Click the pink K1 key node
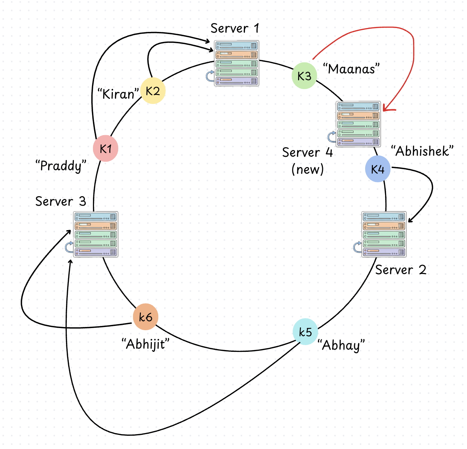click(x=105, y=149)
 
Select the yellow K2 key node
click(x=153, y=91)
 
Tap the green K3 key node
click(x=304, y=76)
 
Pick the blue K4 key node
click(x=378, y=169)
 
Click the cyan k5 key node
click(x=305, y=332)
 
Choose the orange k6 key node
click(x=145, y=317)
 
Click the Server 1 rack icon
click(x=237, y=63)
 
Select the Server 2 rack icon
click(x=384, y=234)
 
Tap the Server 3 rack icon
click(x=95, y=234)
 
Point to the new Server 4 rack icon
click(x=358, y=124)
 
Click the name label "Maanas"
click(x=351, y=68)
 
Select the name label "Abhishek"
click(x=422, y=151)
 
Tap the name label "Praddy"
click(x=61, y=166)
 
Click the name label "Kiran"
click(x=118, y=94)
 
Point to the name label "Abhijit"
click(x=145, y=344)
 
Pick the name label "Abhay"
click(x=341, y=345)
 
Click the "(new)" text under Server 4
click(x=307, y=170)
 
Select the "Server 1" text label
click(x=235, y=28)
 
